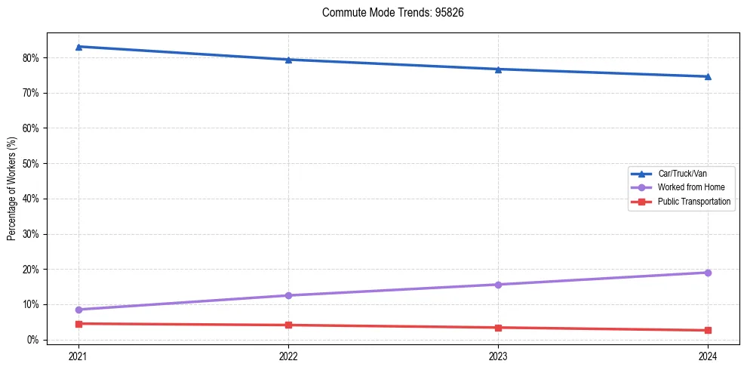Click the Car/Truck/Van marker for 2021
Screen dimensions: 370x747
(78, 47)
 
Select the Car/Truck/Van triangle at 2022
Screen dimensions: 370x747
(288, 60)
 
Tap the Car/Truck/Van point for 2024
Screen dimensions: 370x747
(708, 76)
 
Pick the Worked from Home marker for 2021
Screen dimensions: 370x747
(78, 310)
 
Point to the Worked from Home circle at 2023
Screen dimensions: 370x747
(498, 285)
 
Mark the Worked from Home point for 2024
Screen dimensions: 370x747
(708, 273)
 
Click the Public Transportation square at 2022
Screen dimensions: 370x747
(288, 325)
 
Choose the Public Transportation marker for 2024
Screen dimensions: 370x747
(708, 330)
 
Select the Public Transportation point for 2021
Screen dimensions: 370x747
(78, 324)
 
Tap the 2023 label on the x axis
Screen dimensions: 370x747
(498, 355)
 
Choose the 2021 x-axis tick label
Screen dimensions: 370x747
(78, 355)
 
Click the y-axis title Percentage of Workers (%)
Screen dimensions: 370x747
(12, 189)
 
